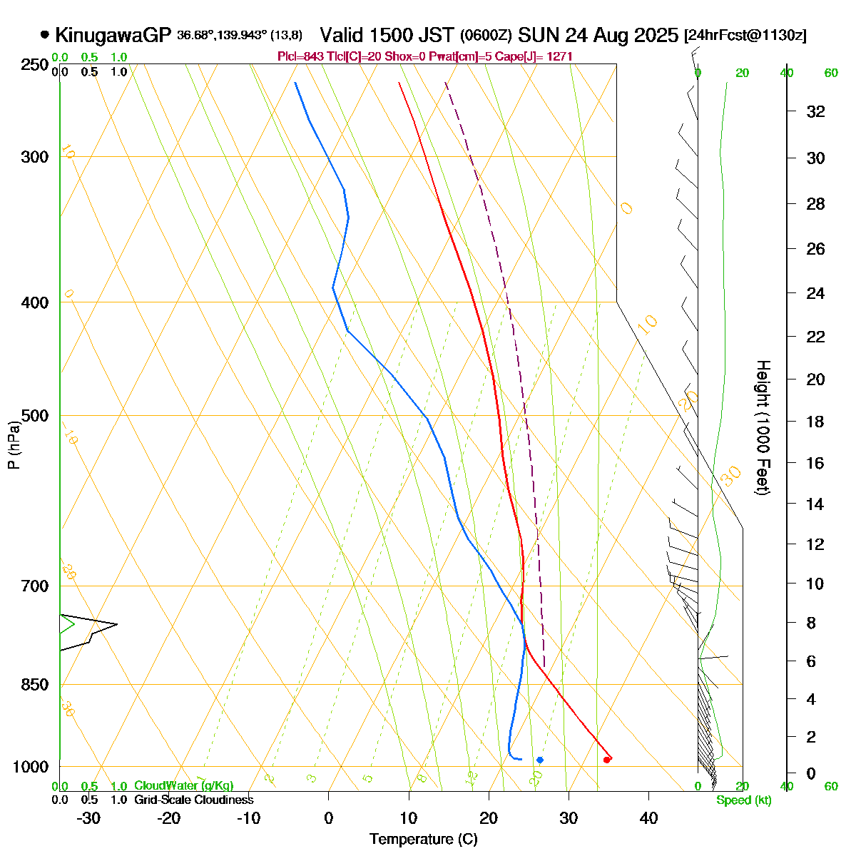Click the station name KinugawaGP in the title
113,35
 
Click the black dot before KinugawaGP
45,34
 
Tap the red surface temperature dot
606,760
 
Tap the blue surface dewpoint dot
540,760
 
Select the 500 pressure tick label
36,415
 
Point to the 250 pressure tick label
36,65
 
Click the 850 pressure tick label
36,684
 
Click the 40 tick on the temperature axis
648,818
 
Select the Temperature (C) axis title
423,840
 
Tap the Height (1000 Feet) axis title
763,428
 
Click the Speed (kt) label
744,800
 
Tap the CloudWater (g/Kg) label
183,786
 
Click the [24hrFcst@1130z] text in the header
745,36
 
